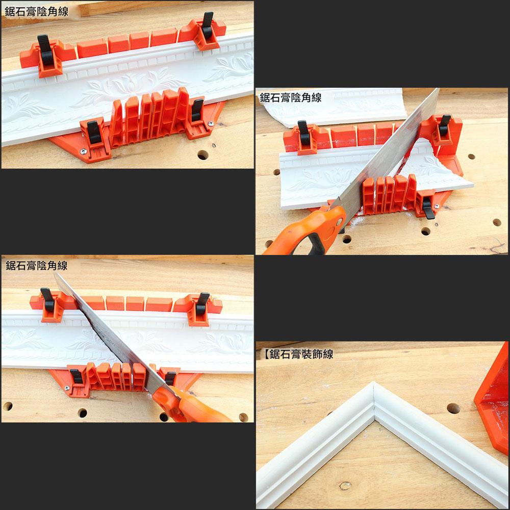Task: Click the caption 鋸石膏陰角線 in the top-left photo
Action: click(36, 11)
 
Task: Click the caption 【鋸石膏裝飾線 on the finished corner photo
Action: click(298, 354)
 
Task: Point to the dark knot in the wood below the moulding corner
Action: click(345, 485)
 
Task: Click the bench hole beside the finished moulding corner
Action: click(453, 408)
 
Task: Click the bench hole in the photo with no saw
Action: click(202, 155)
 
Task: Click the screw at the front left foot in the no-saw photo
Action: click(83, 151)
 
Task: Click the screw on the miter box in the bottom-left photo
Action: click(67, 389)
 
